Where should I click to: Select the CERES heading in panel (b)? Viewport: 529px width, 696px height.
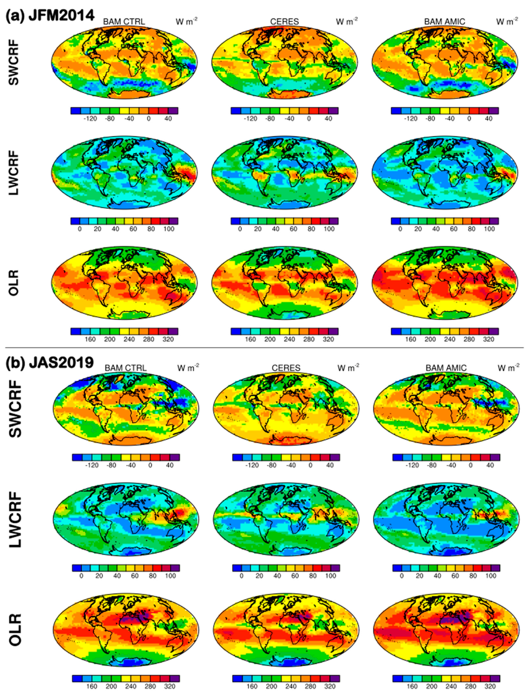[x=286, y=368]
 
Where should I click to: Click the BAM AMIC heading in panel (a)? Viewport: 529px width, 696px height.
[x=445, y=22]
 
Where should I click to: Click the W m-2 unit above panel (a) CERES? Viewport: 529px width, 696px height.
[x=347, y=22]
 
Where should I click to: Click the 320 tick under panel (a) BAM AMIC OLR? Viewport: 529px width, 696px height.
[x=489, y=339]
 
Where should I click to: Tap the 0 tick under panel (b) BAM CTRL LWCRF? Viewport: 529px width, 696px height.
[x=81, y=576]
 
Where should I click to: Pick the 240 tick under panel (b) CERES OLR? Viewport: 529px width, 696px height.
[x=291, y=686]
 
